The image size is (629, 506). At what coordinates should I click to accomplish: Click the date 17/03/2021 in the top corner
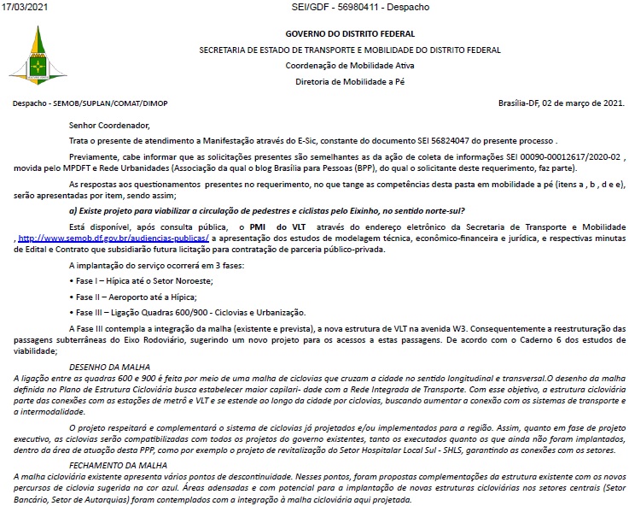click(26, 7)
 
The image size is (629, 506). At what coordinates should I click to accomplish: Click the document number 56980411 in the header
click(359, 7)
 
